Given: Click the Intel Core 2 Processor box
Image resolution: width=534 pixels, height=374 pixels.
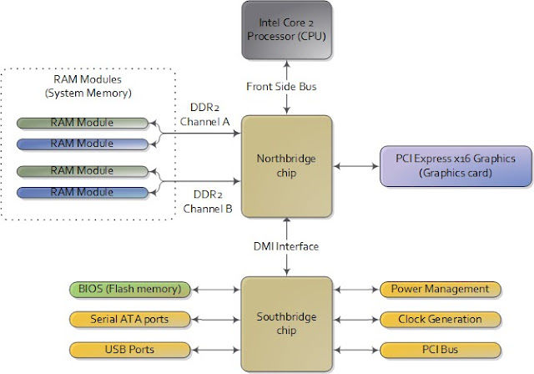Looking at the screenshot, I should pyautogui.click(x=286, y=30).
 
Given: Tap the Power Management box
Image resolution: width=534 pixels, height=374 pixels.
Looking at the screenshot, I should pyautogui.click(x=439, y=290).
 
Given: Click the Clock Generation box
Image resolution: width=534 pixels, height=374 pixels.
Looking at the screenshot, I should pyautogui.click(x=439, y=318).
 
